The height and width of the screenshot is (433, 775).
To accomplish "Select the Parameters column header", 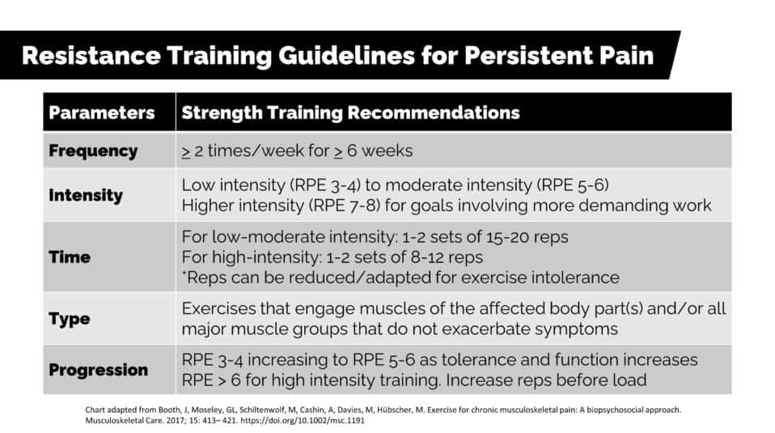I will (102, 112).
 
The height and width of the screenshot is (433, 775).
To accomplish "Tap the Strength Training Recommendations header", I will (350, 112).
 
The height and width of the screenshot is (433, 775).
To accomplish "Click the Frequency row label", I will (93, 151).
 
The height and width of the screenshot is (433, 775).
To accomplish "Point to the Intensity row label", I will (86, 195).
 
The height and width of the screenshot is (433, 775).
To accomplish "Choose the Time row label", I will (70, 257).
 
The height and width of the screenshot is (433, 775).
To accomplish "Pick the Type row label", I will (70, 319).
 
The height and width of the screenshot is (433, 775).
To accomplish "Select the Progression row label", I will (99, 370).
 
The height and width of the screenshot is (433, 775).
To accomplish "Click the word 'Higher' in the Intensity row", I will (208, 206).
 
